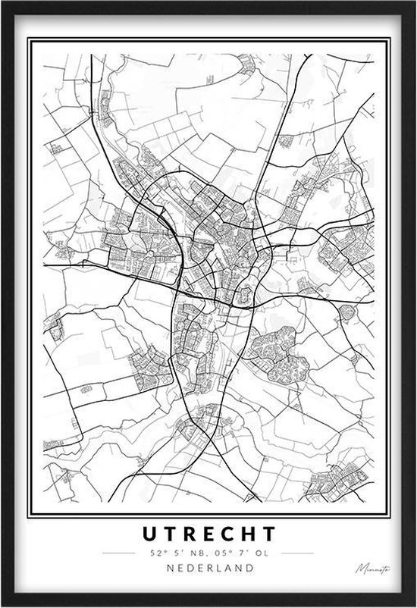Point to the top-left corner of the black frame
tap(2, 2)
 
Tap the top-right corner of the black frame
tap(414, 2)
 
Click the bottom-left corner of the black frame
tap(2, 605)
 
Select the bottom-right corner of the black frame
tap(414, 605)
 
